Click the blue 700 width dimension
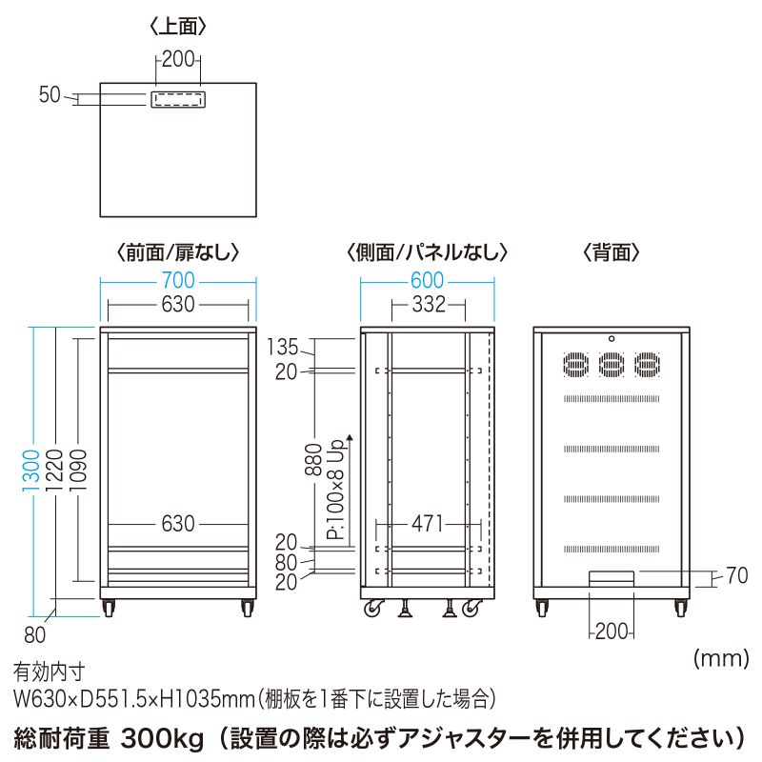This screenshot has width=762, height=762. click(x=178, y=280)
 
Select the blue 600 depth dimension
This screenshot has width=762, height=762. click(x=428, y=280)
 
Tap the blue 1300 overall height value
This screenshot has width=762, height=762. click(x=32, y=470)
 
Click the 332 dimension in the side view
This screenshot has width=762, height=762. click(x=429, y=305)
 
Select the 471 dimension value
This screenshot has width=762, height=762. click(x=429, y=524)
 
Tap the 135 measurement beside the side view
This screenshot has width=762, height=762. click(x=287, y=346)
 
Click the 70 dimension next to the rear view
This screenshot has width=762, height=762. click(x=737, y=575)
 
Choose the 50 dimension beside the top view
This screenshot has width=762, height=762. click(x=50, y=94)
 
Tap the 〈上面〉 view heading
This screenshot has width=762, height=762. click(x=178, y=27)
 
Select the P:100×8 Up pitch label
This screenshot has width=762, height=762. click(x=338, y=491)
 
